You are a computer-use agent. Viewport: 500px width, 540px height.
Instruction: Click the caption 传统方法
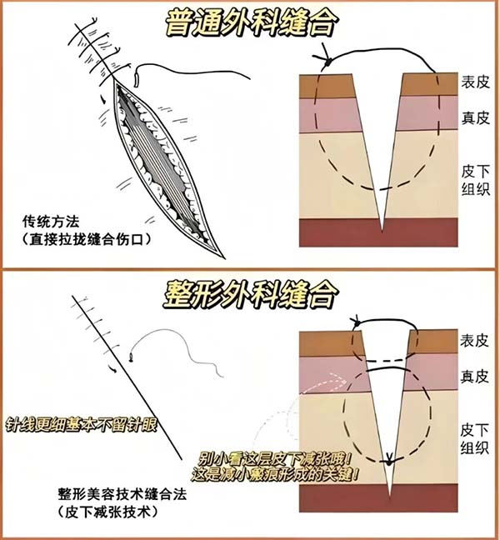coord(51,223)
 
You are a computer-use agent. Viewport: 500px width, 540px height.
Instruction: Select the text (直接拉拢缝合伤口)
coord(92,240)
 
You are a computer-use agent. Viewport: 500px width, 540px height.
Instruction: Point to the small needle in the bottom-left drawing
coord(132,359)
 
